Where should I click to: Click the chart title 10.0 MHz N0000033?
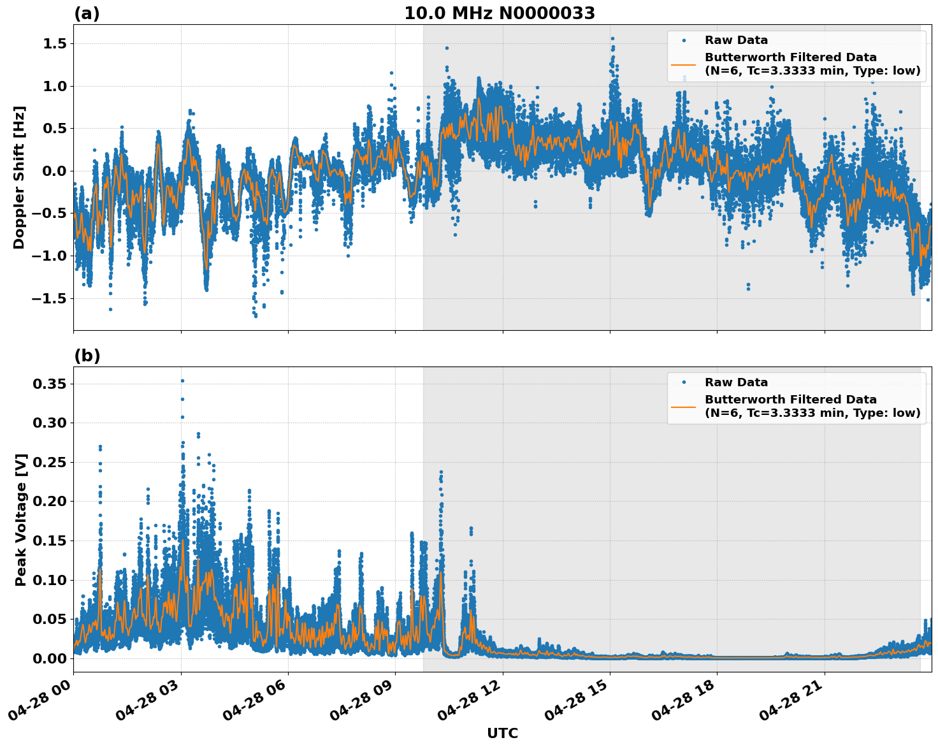499,13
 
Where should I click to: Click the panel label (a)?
87,13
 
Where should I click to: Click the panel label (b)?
87,356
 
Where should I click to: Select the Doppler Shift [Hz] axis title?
19,177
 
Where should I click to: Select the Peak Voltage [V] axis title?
21,519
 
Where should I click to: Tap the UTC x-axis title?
502,733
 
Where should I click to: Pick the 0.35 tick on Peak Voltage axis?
49,384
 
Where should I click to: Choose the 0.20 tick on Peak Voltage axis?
49,502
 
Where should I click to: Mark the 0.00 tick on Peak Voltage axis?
49,658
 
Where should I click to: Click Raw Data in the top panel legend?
736,40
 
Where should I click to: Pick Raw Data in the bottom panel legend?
736,382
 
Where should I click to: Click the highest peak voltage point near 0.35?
182,381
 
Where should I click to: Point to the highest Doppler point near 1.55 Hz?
612,38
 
